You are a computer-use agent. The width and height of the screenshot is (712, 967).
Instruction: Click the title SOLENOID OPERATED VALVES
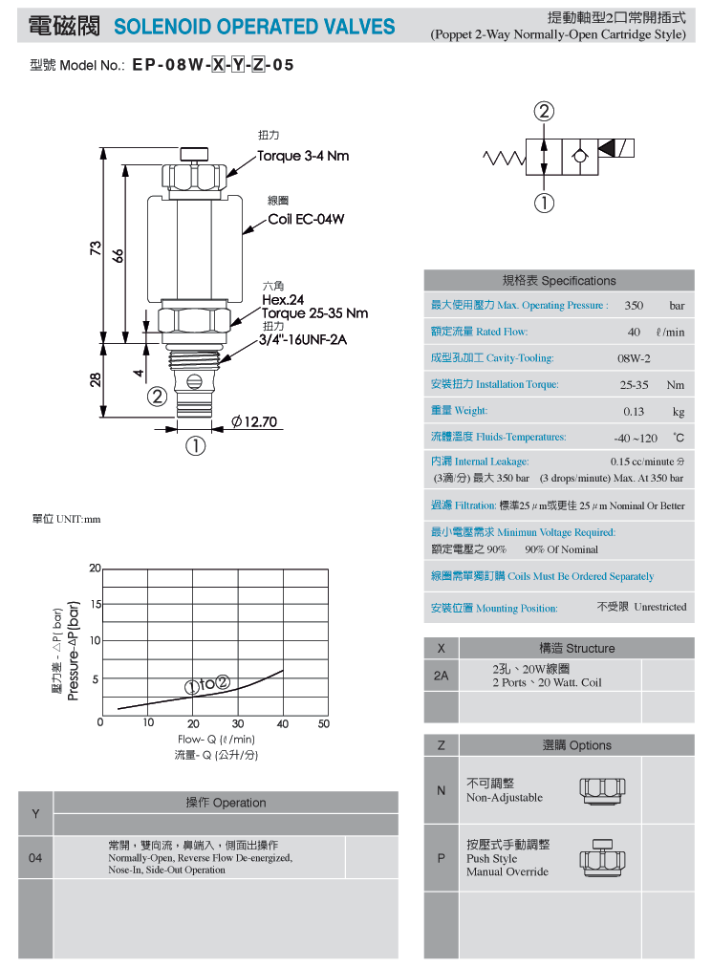point(254,27)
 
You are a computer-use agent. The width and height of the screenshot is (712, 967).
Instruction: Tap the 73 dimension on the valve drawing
point(96,247)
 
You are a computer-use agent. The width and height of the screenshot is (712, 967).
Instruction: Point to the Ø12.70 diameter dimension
point(254,421)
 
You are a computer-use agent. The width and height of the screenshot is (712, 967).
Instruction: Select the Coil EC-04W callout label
point(306,219)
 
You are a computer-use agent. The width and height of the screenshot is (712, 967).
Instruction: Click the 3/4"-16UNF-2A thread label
point(303,339)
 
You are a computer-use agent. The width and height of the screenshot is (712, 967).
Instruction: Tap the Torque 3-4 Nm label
point(303,156)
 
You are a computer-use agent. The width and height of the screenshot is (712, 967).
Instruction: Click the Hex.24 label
point(283,300)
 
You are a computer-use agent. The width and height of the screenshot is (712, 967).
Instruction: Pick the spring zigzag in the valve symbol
point(504,159)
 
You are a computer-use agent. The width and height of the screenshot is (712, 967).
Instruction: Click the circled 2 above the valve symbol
point(544,112)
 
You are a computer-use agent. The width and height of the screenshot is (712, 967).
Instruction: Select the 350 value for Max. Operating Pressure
point(634,305)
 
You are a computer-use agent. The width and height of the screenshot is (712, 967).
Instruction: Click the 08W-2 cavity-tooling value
point(634,358)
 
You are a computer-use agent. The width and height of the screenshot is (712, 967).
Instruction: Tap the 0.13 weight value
point(634,411)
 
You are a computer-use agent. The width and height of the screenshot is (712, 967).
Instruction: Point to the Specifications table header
point(559,281)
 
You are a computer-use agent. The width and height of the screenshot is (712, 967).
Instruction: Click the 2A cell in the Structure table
point(441,676)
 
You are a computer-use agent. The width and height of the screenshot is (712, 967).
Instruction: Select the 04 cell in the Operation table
point(35,858)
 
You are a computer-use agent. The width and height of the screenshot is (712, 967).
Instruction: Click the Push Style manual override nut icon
point(602,857)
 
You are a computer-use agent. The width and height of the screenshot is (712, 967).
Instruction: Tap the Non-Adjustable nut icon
point(602,791)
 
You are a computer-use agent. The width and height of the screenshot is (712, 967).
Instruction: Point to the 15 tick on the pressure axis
point(96,604)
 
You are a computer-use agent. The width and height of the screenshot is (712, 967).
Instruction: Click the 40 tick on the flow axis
point(283,724)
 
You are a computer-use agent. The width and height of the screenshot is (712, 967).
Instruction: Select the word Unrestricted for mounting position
point(660,607)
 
